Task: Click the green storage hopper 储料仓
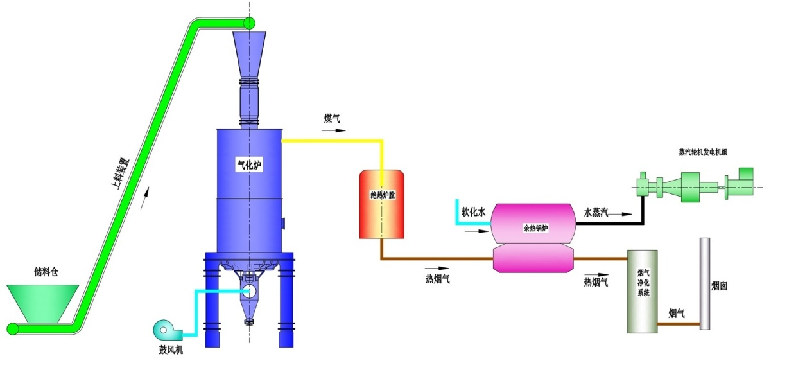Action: coord(42,303)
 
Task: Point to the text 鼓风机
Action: coord(170,351)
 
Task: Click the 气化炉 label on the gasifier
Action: coord(249,165)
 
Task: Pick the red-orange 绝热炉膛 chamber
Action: coord(381,204)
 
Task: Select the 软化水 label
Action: coord(472,211)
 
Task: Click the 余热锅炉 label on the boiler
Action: coord(534,228)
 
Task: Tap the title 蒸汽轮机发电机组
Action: coord(702,152)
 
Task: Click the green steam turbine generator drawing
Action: coord(693,186)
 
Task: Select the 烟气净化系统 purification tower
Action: coord(643,291)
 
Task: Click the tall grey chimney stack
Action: coord(705,283)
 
